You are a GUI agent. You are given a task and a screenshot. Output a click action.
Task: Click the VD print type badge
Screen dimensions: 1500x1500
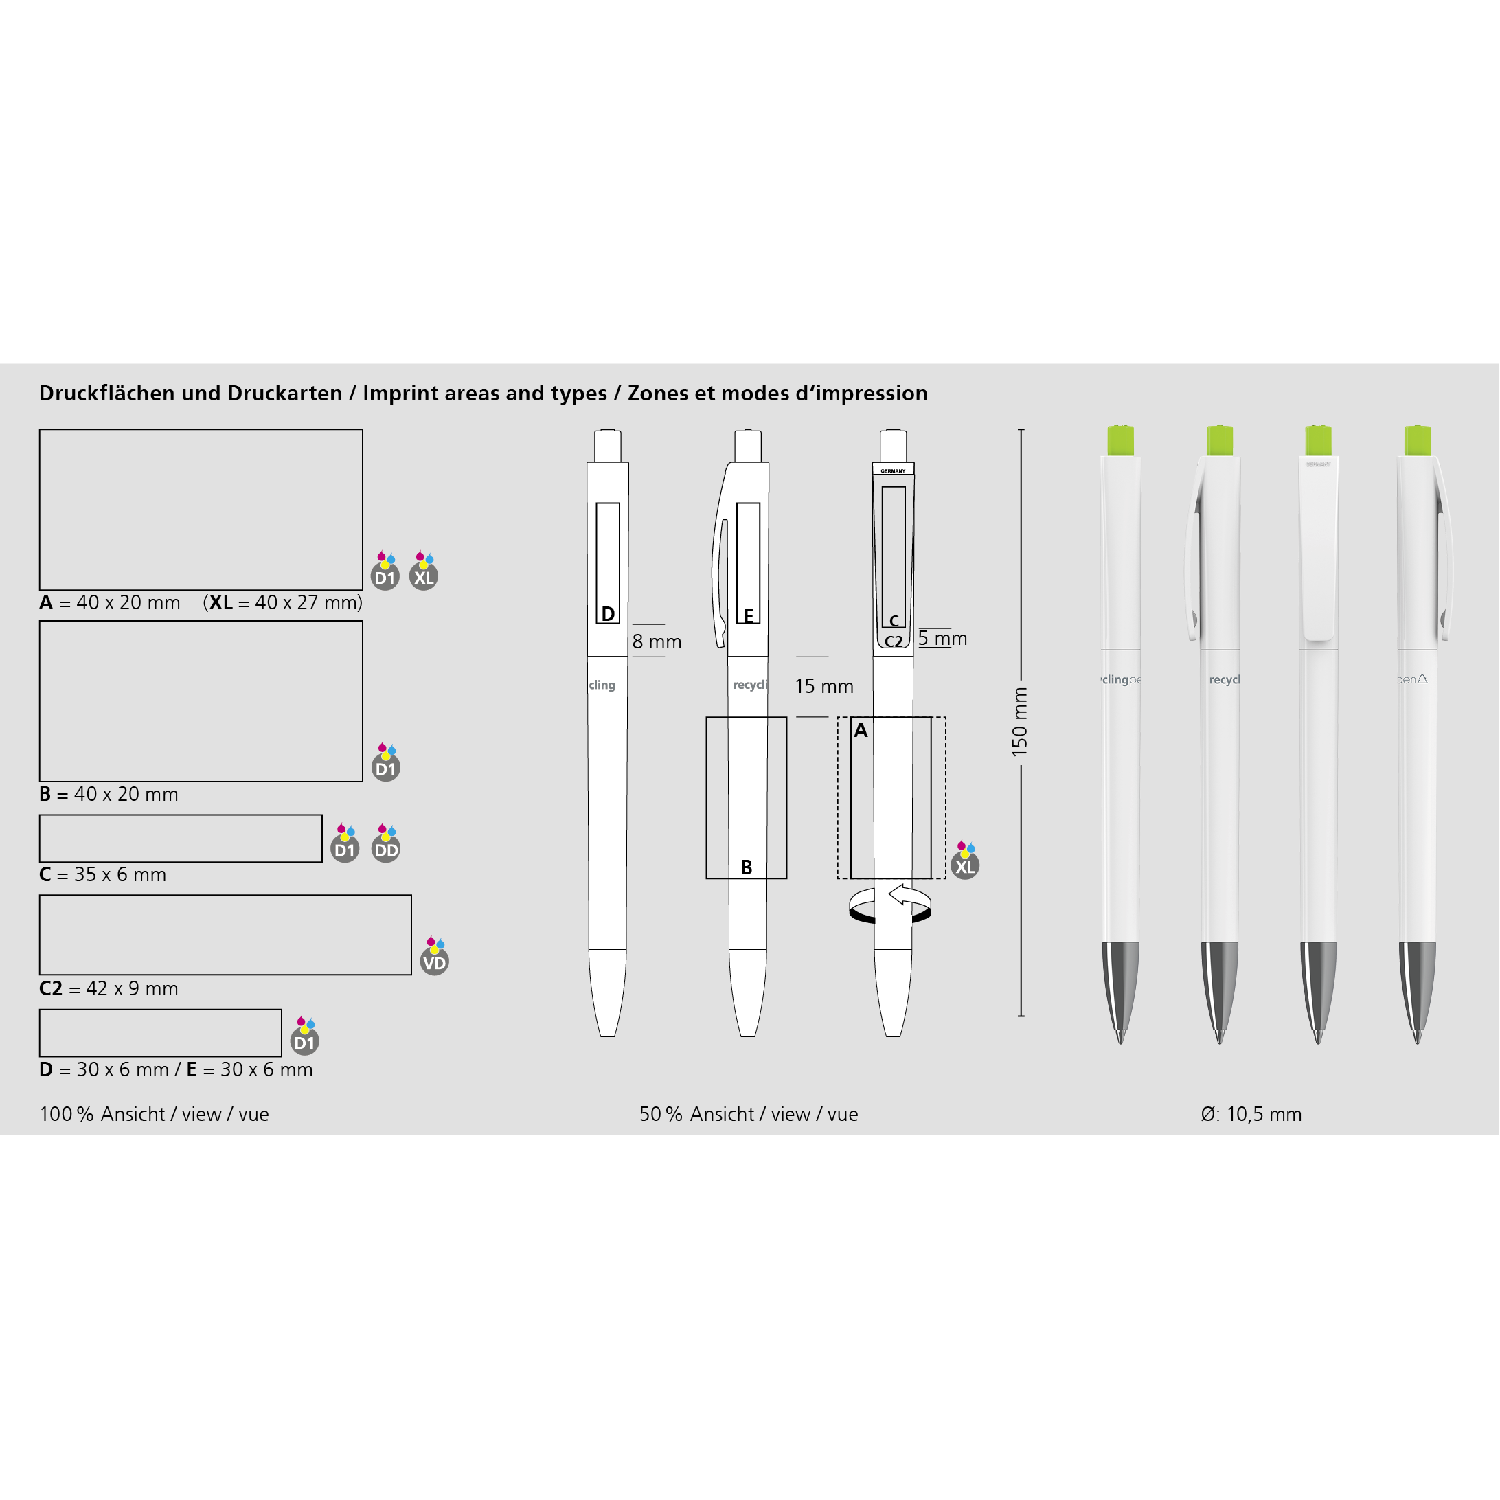tap(434, 957)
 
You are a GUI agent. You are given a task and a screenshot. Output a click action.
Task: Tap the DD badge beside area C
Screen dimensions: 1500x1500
tap(386, 843)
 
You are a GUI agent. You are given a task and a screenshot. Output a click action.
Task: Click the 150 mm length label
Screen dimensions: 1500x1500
tap(1019, 722)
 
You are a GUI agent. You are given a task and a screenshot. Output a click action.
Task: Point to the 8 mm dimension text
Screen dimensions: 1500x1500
tap(657, 642)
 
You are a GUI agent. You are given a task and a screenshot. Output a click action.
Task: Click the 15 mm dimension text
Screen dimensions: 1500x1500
tap(823, 686)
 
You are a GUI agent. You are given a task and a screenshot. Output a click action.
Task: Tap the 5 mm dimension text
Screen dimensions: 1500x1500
tap(942, 638)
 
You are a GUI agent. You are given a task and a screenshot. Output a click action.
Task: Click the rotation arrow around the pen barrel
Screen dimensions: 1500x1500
tap(891, 905)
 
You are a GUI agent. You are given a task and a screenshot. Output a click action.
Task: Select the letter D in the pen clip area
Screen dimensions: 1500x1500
tap(608, 614)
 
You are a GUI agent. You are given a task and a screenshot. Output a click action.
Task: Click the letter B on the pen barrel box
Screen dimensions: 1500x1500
tap(746, 867)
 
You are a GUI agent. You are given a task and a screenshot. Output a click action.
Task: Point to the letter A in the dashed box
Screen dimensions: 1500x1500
tap(861, 730)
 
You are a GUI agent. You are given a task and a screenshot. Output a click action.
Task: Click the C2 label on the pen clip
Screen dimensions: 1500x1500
tap(894, 642)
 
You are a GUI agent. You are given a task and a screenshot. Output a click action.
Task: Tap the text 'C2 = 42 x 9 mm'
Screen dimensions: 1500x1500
tap(109, 988)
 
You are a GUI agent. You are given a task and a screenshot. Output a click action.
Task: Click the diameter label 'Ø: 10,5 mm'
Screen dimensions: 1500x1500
tap(1251, 1114)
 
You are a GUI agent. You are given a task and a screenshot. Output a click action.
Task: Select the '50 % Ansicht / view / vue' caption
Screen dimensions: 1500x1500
tap(749, 1114)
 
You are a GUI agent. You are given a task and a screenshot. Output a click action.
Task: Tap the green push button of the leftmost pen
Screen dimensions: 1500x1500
tap(1120, 440)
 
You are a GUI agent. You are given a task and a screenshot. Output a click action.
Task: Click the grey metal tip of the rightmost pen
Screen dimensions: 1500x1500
tap(1417, 992)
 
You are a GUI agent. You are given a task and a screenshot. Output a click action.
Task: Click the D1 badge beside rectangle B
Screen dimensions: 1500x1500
tap(386, 762)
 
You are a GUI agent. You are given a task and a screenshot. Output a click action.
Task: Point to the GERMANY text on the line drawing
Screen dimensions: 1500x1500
tap(893, 470)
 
